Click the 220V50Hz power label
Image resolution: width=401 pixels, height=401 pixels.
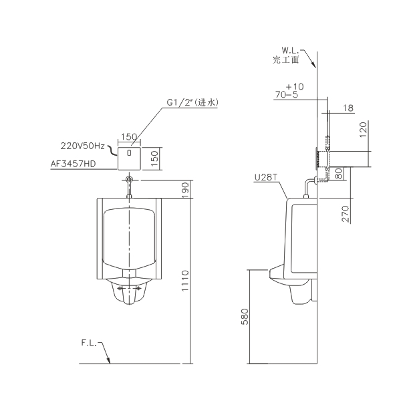click(x=83, y=146)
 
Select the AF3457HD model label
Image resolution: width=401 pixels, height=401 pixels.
click(x=73, y=164)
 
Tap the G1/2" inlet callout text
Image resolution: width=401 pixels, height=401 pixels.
click(x=192, y=102)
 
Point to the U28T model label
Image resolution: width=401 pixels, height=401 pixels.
click(x=266, y=177)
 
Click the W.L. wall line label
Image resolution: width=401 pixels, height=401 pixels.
click(x=290, y=50)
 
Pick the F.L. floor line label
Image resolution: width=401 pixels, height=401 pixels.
click(x=89, y=343)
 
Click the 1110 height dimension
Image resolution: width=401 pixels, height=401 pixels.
click(x=185, y=281)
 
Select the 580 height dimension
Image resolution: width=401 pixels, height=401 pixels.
click(x=245, y=316)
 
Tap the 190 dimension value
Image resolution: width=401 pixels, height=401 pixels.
click(x=185, y=189)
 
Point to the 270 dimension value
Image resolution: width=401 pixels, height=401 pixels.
click(x=346, y=214)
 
